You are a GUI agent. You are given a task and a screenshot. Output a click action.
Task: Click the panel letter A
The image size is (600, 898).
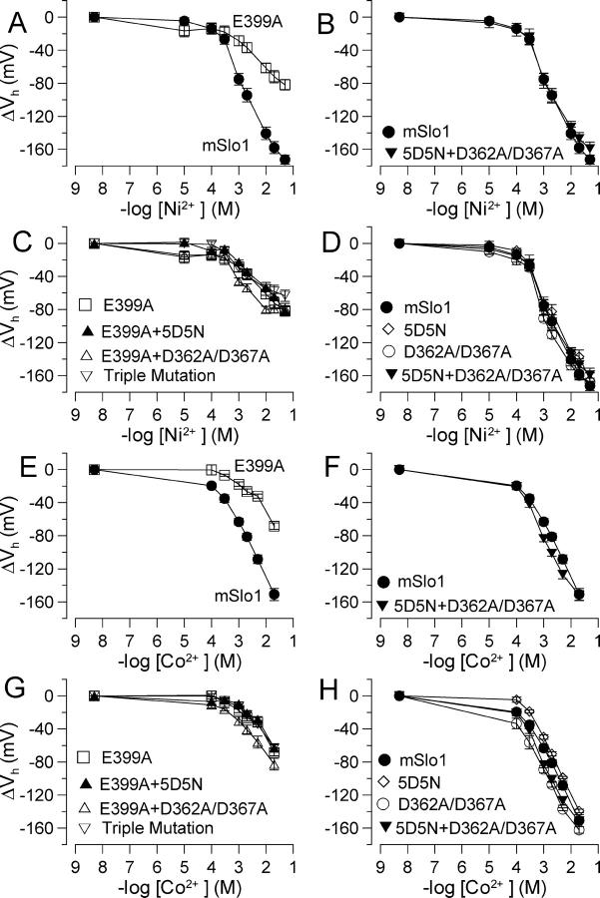(x=15, y=18)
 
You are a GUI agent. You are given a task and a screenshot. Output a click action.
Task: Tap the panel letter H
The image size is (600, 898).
(x=324, y=696)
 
